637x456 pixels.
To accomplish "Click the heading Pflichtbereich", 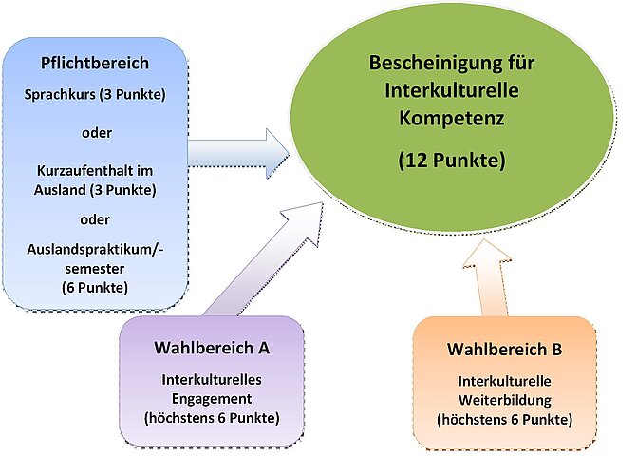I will pos(95,65).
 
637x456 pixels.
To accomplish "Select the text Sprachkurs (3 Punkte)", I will pos(95,96).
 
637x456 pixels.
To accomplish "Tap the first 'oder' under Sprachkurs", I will pos(95,131).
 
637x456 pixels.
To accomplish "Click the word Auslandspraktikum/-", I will pos(95,251).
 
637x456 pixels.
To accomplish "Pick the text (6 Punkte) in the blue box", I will pos(95,286).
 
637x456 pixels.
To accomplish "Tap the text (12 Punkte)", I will pos(451,161).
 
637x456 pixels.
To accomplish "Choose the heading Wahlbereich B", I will pos(504,350).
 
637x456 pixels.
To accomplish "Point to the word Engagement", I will pos(211,398).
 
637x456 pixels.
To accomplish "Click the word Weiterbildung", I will pos(504,400).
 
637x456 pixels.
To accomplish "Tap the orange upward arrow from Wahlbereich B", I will pos(495,279).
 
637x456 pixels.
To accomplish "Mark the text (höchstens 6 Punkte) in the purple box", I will pos(211,417).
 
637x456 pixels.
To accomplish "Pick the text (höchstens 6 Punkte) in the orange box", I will pos(504,418).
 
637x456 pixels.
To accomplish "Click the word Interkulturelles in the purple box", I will pos(211,380).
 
